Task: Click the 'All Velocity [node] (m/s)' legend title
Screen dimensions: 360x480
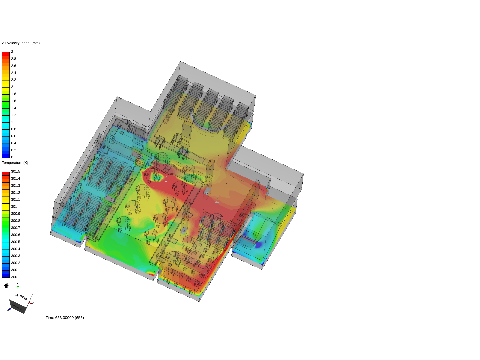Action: click(x=21, y=43)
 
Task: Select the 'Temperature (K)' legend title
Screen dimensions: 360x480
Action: click(x=15, y=163)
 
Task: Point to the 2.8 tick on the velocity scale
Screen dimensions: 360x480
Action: click(x=13, y=59)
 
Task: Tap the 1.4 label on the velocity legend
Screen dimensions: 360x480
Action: click(x=13, y=108)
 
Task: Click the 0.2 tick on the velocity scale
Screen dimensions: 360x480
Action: click(x=13, y=150)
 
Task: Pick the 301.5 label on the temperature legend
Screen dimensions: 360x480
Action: click(x=15, y=171)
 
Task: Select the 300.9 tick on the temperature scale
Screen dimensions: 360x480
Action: click(x=15, y=214)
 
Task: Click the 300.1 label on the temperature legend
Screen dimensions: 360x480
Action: click(x=15, y=270)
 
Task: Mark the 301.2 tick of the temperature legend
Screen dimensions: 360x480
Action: click(x=15, y=193)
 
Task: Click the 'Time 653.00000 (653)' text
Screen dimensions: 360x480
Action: click(x=65, y=318)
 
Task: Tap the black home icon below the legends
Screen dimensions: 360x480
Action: click(x=6, y=285)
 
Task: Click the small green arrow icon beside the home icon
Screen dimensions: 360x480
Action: click(x=18, y=286)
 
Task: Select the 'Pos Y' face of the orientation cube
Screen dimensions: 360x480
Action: click(x=22, y=297)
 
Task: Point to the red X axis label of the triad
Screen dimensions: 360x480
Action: click(x=33, y=303)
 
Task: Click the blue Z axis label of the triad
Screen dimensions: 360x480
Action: click(x=8, y=310)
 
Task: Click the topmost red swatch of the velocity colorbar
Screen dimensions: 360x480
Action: click(x=6, y=54)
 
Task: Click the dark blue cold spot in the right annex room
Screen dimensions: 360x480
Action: click(x=258, y=245)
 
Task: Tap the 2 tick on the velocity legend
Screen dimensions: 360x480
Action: click(x=12, y=87)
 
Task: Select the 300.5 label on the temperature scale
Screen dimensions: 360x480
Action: click(x=15, y=242)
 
